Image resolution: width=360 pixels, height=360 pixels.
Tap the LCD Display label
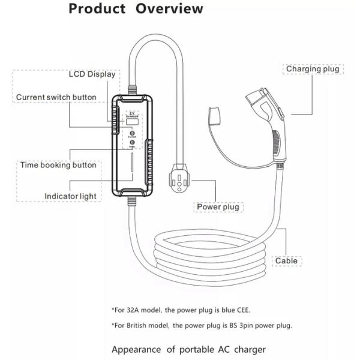coord(92,74)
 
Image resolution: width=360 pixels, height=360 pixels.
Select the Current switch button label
coord(56,97)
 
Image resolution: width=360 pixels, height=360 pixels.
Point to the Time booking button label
coord(58,165)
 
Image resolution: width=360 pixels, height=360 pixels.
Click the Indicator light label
coord(70,196)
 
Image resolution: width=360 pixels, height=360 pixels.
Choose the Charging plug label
coord(312,69)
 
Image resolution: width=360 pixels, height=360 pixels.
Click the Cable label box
coord(286,261)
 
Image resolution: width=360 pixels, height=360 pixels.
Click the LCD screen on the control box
coord(132,122)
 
